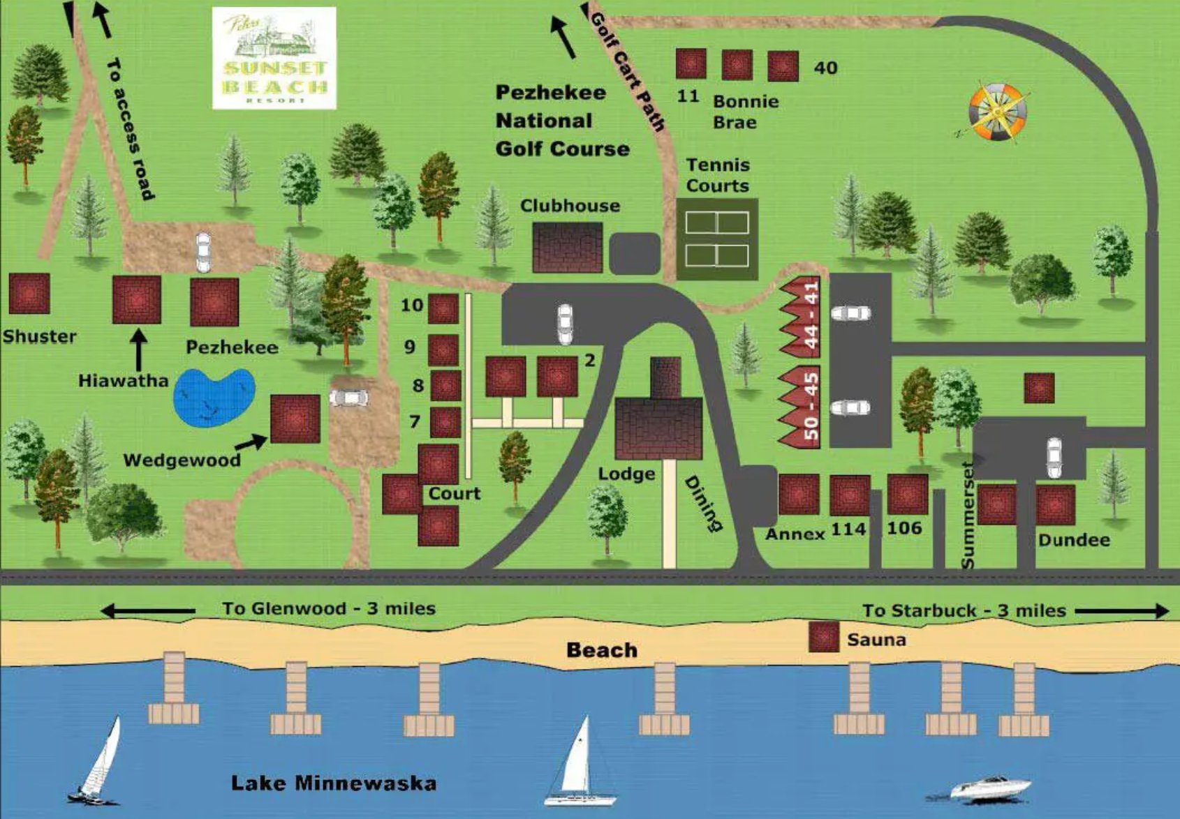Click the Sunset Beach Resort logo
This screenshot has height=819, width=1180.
[274, 59]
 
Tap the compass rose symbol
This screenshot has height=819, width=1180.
[997, 110]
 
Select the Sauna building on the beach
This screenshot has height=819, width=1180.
[823, 637]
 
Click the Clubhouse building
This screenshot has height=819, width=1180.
[567, 247]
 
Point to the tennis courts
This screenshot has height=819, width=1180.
[717, 239]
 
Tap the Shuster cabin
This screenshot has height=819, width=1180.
[29, 294]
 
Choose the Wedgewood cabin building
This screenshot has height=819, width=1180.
[295, 419]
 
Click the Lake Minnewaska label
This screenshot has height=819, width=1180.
[334, 783]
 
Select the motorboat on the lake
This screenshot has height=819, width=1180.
[990, 788]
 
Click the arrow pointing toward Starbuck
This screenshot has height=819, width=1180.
[1121, 611]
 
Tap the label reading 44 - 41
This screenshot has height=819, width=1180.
[811, 316]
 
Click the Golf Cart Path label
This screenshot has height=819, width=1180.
[627, 71]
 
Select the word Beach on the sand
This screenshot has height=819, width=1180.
[602, 649]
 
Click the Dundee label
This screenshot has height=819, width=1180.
[1073, 540]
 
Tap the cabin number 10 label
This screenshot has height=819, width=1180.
[412, 305]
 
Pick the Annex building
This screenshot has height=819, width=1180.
[798, 494]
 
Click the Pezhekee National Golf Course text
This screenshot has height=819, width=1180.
[561, 121]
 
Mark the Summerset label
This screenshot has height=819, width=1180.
[967, 515]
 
